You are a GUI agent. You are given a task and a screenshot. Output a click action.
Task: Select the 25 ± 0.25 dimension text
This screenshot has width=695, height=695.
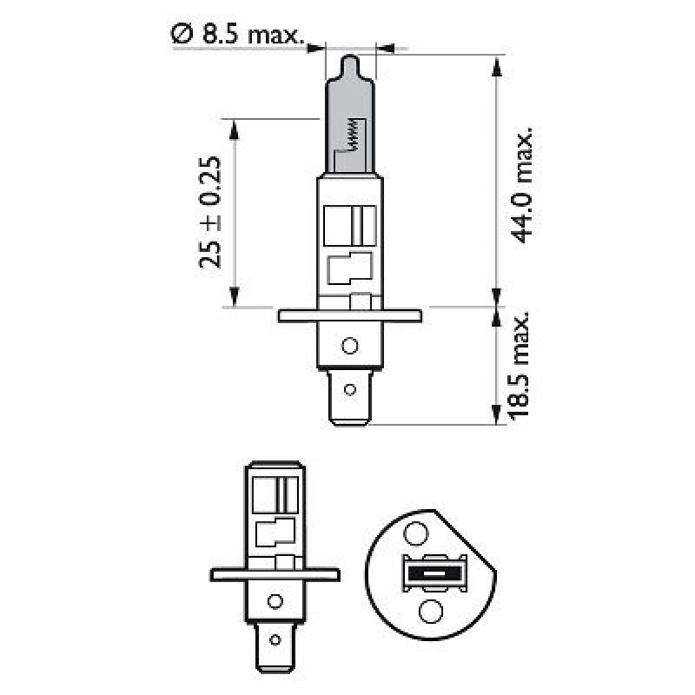(x=212, y=213)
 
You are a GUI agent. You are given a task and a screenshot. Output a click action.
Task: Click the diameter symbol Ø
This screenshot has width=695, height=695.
(x=181, y=36)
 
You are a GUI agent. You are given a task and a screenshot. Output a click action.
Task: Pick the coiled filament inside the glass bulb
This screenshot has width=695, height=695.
(x=352, y=134)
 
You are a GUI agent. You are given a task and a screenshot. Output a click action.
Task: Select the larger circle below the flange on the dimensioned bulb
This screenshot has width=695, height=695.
(x=349, y=346)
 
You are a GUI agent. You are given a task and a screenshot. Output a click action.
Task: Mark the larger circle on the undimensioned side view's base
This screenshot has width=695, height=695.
(x=275, y=600)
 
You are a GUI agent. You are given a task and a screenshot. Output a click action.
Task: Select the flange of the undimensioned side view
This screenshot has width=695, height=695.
(x=275, y=573)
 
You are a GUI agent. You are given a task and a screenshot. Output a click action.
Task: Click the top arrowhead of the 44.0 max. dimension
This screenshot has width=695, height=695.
(x=497, y=63)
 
